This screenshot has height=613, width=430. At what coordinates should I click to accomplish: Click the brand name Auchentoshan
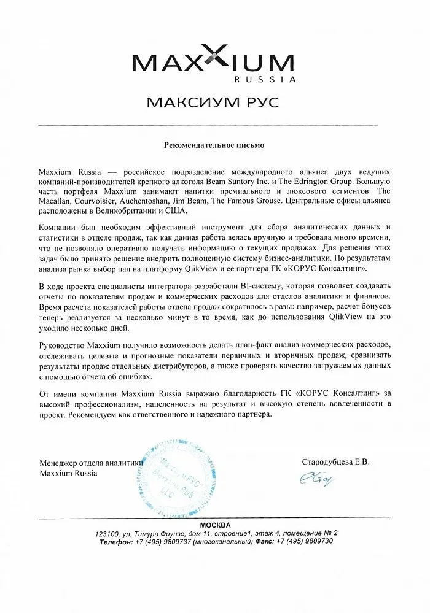point(150,196)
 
